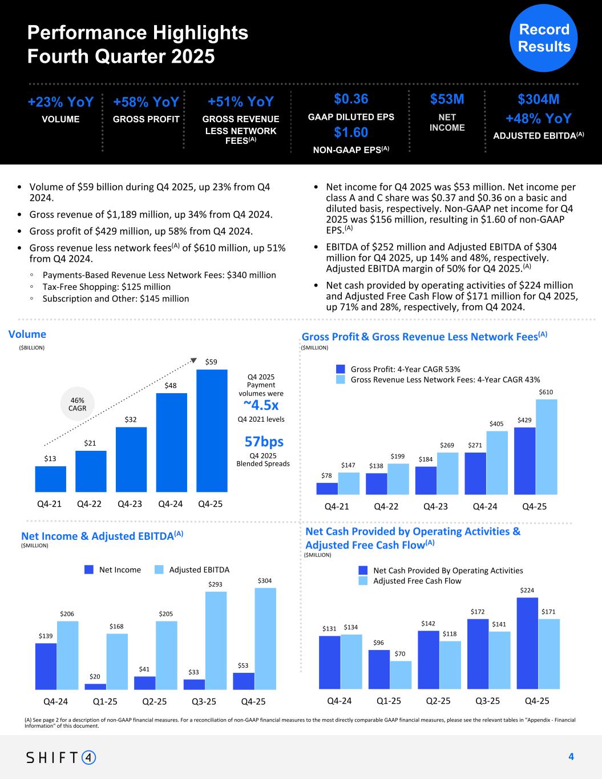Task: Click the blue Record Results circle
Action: (x=543, y=38)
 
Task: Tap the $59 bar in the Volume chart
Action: (x=212, y=431)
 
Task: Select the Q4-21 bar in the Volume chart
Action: (x=50, y=479)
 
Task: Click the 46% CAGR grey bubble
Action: (x=77, y=404)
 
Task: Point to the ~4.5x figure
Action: (x=261, y=405)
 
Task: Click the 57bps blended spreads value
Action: (x=264, y=442)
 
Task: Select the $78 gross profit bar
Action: (x=327, y=489)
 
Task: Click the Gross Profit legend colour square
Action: (x=341, y=369)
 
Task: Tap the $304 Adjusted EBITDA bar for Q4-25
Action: (x=265, y=638)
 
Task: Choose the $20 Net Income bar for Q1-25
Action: (x=99, y=687)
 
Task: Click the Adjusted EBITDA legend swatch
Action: (x=159, y=570)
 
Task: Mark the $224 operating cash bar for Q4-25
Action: (x=527, y=643)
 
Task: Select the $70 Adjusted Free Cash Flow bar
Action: (x=401, y=675)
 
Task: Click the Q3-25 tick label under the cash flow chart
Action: (x=487, y=701)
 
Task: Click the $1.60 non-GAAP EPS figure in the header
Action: (x=351, y=132)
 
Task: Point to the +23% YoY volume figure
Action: (x=60, y=102)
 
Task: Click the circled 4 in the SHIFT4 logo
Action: (x=89, y=757)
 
